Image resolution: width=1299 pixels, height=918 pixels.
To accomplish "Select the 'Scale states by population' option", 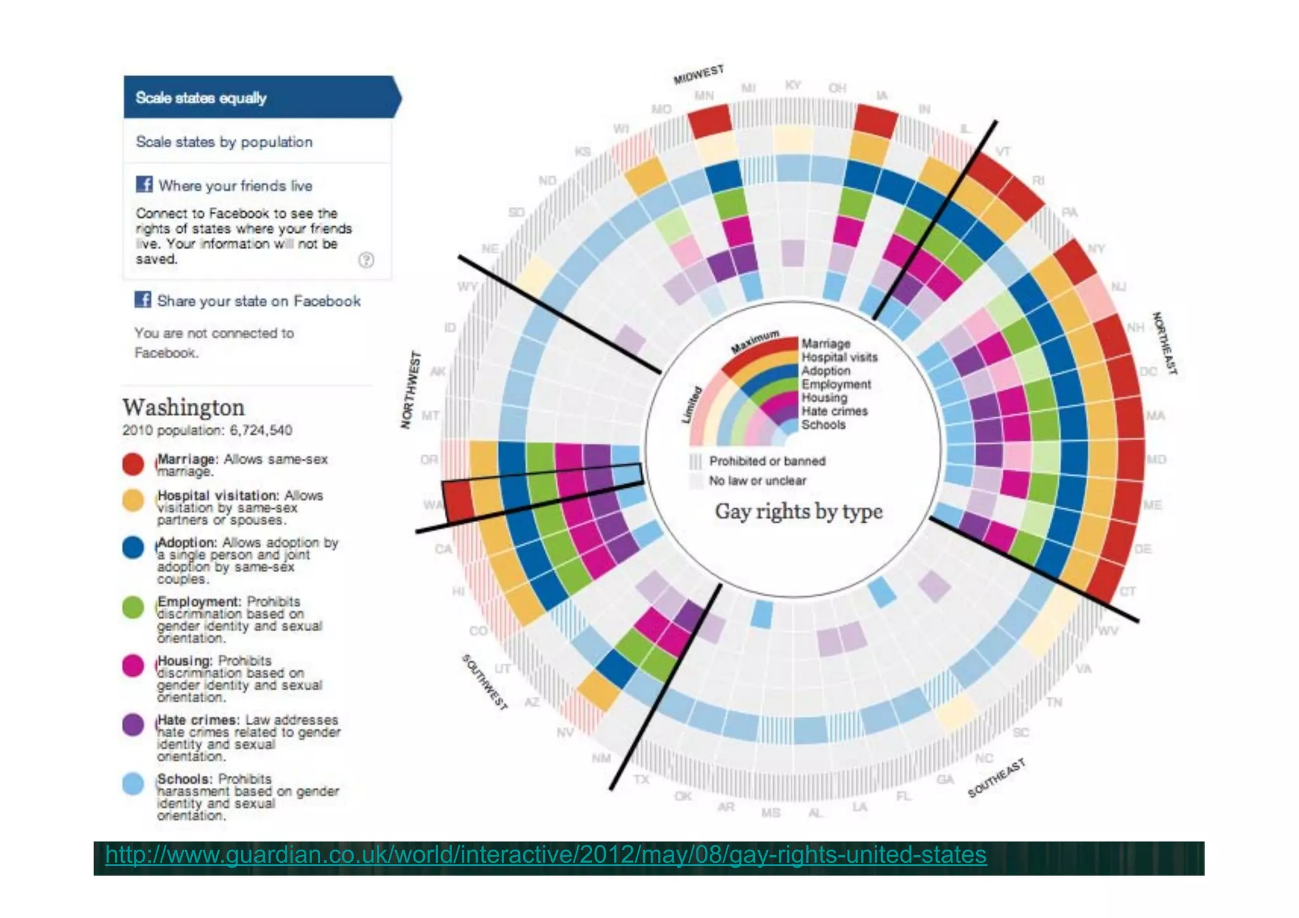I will pyautogui.click(x=224, y=141).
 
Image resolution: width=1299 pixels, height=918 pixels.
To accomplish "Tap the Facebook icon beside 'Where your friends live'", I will pyautogui.click(x=144, y=184).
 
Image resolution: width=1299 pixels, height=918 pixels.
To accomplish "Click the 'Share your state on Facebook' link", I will pyautogui.click(x=258, y=301).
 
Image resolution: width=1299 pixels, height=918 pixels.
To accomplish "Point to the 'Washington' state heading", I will pyautogui.click(x=183, y=407).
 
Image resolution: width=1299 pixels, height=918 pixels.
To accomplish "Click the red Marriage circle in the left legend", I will pyautogui.click(x=133, y=464).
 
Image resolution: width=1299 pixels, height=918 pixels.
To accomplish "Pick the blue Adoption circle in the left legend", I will pyautogui.click(x=133, y=548).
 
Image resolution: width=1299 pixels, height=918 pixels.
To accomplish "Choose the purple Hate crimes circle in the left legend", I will pyautogui.click(x=133, y=725).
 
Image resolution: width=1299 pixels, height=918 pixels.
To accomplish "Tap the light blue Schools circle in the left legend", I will pyautogui.click(x=133, y=784).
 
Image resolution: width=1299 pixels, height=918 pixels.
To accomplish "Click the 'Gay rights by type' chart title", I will pyautogui.click(x=799, y=511).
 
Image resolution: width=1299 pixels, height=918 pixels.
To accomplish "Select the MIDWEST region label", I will pyautogui.click(x=698, y=74).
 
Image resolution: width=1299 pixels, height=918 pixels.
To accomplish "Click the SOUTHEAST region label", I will pyautogui.click(x=996, y=778).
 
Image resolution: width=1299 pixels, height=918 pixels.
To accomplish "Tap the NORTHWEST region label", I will pyautogui.click(x=411, y=390).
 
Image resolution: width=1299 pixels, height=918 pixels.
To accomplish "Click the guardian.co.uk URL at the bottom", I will pyautogui.click(x=545, y=855).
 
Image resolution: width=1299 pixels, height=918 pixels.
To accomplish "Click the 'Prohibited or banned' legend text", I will pyautogui.click(x=767, y=461).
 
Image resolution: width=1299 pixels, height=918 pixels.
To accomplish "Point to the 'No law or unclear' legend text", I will pyautogui.click(x=757, y=481).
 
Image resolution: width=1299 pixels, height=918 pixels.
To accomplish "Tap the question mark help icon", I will pyautogui.click(x=366, y=259).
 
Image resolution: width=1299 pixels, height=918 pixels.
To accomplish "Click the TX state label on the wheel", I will pyautogui.click(x=641, y=778).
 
